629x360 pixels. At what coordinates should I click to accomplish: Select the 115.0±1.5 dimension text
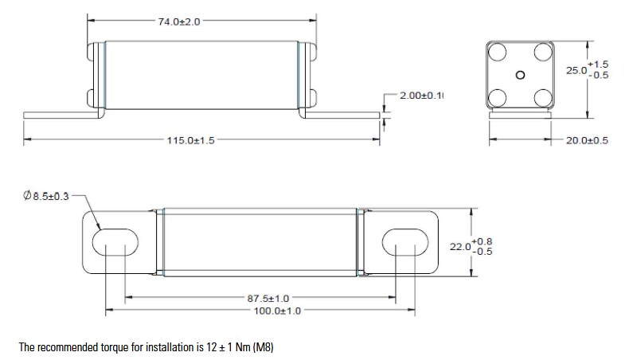pos(190,140)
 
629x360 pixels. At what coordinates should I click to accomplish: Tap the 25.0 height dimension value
pos(575,71)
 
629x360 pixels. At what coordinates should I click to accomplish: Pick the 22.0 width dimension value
pos(461,247)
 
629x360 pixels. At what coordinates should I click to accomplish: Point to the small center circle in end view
pos(520,76)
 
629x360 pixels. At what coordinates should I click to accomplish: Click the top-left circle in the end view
pos(498,52)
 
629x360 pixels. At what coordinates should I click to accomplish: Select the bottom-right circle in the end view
pos(543,98)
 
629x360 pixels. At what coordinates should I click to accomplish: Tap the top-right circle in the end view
pos(543,52)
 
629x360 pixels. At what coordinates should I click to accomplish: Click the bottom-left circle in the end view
pos(498,98)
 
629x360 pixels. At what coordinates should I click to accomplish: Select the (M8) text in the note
pos(262,348)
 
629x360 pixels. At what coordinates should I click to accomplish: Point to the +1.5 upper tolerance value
pos(598,64)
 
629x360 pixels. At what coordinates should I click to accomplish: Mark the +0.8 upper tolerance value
pos(482,241)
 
